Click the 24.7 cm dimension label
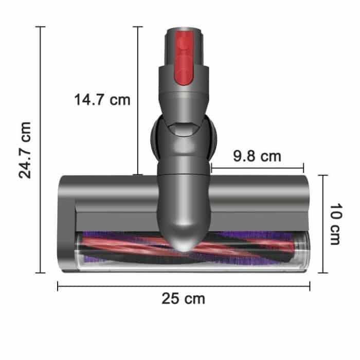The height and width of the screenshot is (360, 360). (25, 150)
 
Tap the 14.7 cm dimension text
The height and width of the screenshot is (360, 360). (102, 99)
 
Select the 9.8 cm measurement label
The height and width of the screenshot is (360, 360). (257, 155)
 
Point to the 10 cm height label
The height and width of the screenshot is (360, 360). (335, 224)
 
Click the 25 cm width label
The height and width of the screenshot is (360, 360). (183, 298)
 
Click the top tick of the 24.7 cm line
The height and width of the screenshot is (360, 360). (40, 27)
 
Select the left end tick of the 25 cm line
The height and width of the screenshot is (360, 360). (58, 286)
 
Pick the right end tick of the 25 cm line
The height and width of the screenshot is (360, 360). (310, 286)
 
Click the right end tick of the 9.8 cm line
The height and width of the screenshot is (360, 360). (303, 168)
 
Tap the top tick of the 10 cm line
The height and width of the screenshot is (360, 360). (322, 175)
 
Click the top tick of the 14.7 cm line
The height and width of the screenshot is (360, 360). (137, 27)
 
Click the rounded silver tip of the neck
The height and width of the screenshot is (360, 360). (184, 241)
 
